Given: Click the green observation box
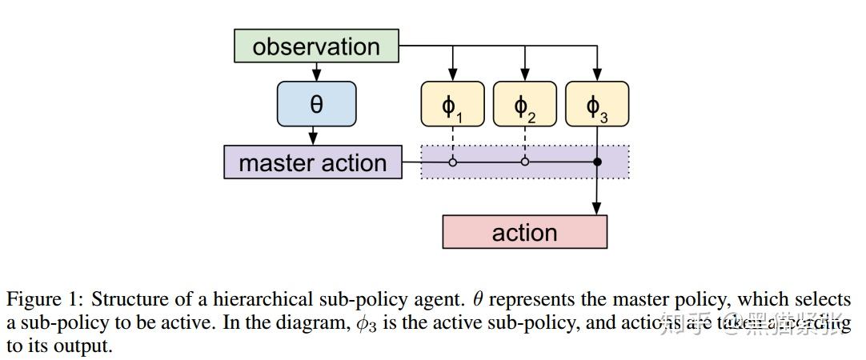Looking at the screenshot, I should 316,46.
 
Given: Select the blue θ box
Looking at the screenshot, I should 316,105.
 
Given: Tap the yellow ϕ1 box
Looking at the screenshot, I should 452,105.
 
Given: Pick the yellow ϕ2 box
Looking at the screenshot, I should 524,105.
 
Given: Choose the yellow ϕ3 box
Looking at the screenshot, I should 597,105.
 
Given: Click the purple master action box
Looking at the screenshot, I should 313,163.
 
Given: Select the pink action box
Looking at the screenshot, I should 524,233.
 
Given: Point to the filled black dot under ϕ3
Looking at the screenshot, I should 597,162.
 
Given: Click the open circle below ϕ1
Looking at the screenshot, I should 452,162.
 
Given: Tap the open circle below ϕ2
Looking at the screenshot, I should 524,162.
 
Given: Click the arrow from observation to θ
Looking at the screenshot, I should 316,72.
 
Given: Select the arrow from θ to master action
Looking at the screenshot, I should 316,136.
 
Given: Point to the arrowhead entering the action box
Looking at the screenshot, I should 597,210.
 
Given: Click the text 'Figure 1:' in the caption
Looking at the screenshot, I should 45,300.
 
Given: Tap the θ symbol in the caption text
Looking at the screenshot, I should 478,300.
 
